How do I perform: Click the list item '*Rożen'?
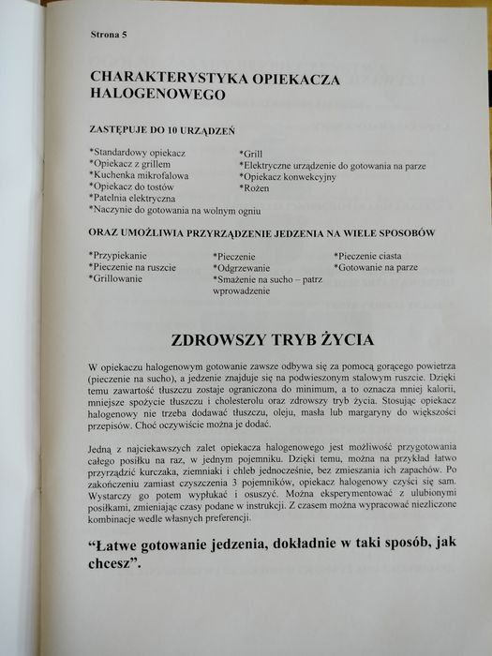click(x=256, y=187)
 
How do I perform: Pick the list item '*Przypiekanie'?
click(x=117, y=255)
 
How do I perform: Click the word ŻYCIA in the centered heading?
click(x=343, y=338)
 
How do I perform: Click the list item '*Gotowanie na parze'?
click(x=376, y=267)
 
